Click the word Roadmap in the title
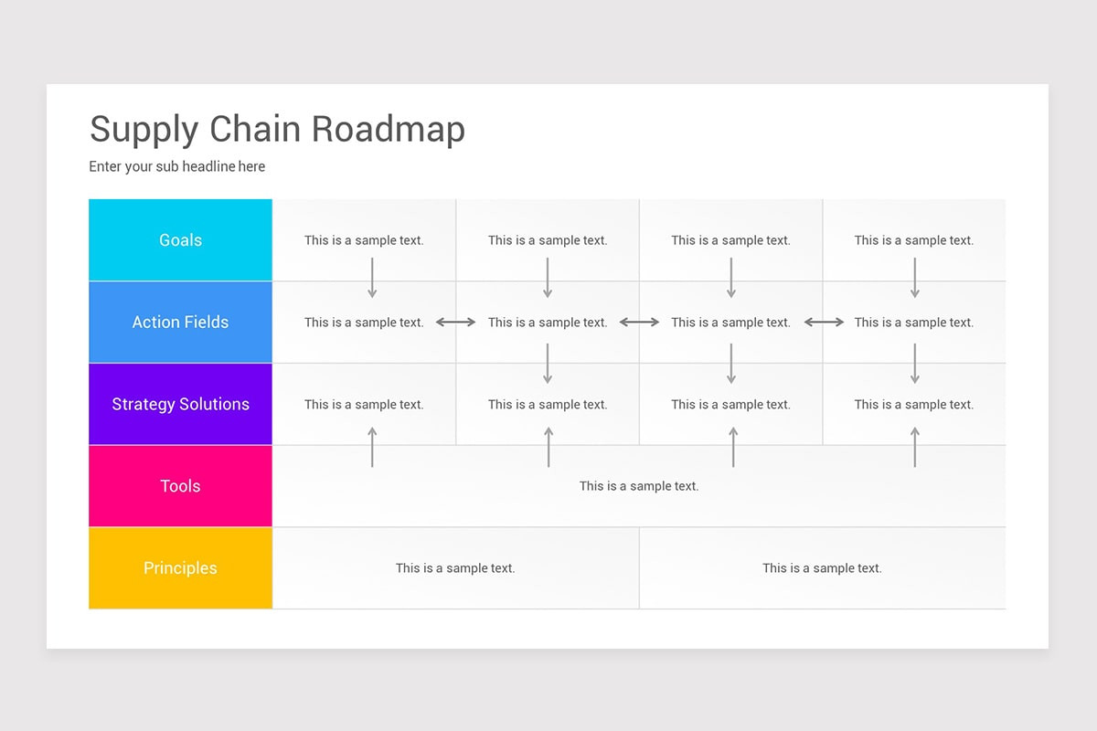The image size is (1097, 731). tap(388, 129)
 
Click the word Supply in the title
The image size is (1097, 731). tap(144, 131)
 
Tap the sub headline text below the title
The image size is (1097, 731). tap(176, 166)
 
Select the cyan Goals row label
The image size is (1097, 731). tap(180, 240)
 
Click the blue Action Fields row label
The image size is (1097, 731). tap(180, 322)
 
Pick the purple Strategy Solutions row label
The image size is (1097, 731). tap(180, 404)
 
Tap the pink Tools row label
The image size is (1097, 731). tap(180, 486)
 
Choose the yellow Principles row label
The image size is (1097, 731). tap(180, 567)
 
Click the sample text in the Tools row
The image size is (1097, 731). tap(639, 486)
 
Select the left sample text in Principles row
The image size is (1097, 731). tap(455, 568)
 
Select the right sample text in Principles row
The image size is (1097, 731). tap(822, 568)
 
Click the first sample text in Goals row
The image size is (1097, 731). tap(364, 240)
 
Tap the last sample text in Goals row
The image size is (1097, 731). tap(914, 240)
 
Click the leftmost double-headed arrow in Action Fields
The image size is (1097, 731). tap(456, 323)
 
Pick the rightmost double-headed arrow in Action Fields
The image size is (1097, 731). tap(824, 323)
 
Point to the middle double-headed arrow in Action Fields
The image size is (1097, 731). tap(640, 323)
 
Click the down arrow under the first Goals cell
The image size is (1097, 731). tap(372, 278)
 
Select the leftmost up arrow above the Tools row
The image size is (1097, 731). tap(372, 448)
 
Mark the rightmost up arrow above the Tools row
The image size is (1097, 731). tap(915, 448)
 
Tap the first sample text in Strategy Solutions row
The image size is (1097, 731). tap(364, 404)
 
